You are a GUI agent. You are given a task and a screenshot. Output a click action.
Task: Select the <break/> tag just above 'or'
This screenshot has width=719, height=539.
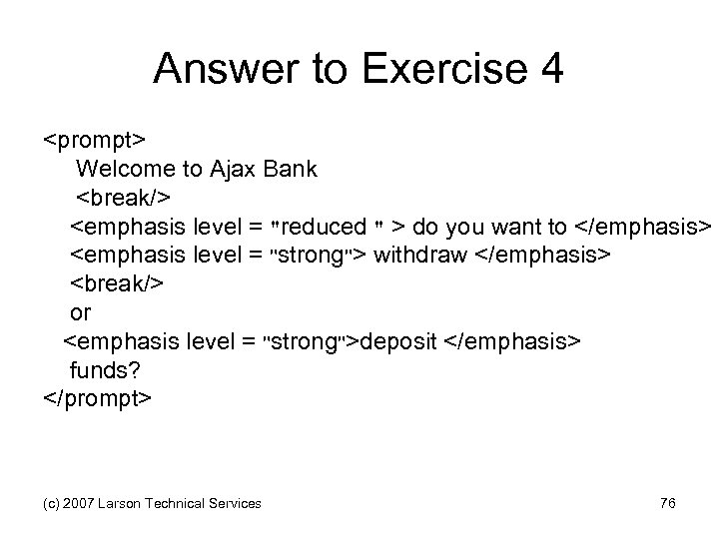(117, 283)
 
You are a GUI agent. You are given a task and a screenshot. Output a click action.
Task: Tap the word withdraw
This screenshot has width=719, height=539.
(420, 257)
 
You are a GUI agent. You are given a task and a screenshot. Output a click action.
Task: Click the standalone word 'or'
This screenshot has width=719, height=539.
(81, 313)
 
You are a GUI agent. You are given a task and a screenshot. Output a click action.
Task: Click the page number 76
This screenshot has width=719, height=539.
(668, 503)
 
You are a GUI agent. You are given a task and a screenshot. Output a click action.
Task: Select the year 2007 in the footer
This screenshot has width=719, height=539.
(76, 504)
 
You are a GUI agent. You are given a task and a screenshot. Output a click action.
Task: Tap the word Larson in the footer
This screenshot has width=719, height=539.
(119, 504)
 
